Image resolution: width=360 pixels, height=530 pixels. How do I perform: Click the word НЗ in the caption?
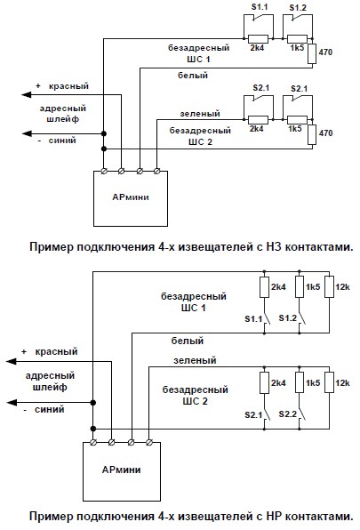point(273,246)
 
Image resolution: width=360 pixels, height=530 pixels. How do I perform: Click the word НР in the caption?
point(274,516)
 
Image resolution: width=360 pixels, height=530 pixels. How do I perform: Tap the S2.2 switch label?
point(288,414)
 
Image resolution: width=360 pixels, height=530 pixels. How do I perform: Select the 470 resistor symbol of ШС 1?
point(312,53)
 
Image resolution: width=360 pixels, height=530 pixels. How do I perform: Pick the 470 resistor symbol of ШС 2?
point(312,134)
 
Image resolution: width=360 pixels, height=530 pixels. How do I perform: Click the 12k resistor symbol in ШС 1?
point(329,287)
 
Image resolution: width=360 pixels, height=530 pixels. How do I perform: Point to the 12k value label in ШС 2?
point(342,383)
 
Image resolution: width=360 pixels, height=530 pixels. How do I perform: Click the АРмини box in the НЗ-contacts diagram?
point(131,199)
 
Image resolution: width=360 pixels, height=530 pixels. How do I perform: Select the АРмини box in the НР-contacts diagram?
point(122,471)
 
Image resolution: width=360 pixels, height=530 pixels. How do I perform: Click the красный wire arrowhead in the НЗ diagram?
point(27,94)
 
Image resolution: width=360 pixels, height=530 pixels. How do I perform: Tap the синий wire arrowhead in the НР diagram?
point(12,403)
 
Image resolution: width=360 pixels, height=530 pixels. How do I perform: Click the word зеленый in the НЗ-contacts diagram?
point(200,114)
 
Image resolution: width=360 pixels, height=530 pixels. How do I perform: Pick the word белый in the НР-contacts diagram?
point(188,341)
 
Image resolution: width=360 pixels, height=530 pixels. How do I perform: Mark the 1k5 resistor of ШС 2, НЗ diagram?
point(297,120)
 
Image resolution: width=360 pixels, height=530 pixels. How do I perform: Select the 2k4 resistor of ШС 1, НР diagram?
point(264,287)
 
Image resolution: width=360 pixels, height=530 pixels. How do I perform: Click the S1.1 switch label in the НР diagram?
point(253,318)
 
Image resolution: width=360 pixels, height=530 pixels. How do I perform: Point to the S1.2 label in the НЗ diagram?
point(298,7)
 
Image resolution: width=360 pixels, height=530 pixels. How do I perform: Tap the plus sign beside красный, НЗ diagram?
point(38,86)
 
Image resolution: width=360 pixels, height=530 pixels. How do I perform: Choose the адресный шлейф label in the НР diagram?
point(50,381)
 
